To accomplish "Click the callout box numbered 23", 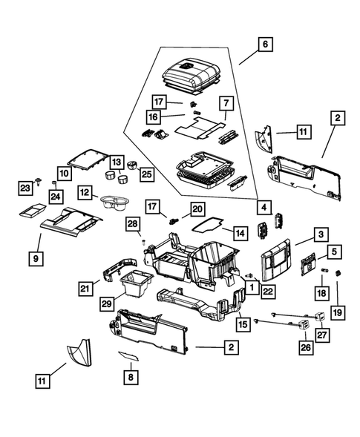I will click(23, 186).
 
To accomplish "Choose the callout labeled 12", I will click(85, 192).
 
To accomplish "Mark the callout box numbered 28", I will click(132, 223).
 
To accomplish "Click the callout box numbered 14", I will click(238, 233).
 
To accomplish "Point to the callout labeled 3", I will click(321, 234).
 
